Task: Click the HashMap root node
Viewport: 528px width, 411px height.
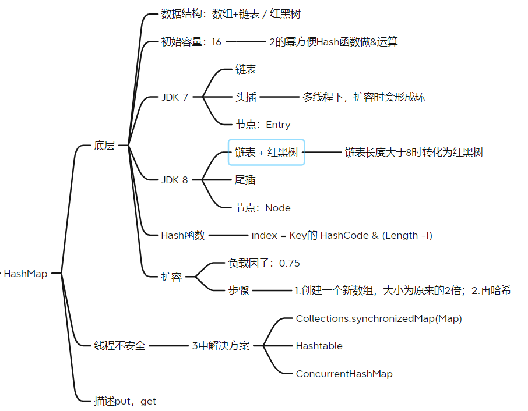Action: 26,274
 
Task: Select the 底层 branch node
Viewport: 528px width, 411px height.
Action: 104,146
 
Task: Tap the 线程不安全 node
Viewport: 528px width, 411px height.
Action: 119,346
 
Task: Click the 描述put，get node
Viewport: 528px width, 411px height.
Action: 125,401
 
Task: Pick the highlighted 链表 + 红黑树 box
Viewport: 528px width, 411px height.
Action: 266,153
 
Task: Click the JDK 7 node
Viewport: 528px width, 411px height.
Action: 175,97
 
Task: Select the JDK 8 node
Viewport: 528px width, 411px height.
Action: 175,180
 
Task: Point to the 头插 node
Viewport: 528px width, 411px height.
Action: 245,97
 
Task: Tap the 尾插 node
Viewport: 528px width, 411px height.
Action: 245,180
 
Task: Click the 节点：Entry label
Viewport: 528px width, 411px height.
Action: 263,125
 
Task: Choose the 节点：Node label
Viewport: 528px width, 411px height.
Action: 263,208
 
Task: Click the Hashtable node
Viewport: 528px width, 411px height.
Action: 319,346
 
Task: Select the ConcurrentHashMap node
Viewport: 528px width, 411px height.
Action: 344,374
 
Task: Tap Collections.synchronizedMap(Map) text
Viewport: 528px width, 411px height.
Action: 379,318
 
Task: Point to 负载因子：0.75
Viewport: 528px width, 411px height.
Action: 264,263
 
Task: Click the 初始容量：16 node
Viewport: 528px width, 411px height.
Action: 191,42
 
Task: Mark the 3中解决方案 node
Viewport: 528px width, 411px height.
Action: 221,346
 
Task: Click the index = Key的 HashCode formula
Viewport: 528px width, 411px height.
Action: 342,235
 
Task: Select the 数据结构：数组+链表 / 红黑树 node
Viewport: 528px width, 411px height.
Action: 231,14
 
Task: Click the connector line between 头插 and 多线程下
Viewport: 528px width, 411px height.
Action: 279,97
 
